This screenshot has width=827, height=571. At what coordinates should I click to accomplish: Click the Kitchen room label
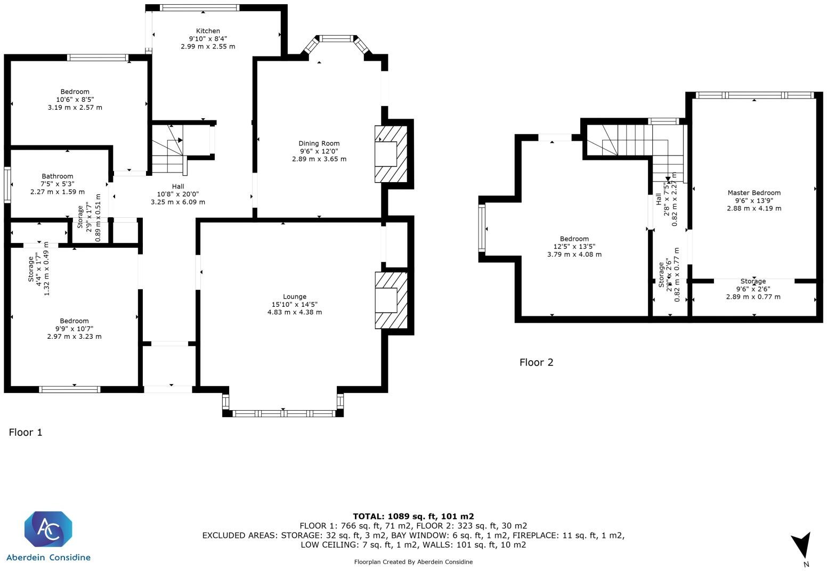tap(208, 31)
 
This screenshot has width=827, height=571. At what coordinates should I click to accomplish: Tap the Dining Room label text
tap(319, 143)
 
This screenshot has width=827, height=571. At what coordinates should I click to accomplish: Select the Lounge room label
tap(294, 297)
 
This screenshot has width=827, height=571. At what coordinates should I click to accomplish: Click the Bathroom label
tap(58, 176)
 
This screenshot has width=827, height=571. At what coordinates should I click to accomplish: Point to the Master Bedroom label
tap(754, 193)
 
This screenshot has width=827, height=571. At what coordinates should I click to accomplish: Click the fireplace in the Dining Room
tap(391, 154)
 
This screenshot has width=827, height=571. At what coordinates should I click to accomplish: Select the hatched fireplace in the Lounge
tap(391, 300)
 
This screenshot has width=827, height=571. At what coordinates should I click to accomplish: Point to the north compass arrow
tap(801, 546)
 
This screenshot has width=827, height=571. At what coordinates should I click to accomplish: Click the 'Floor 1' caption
tap(26, 433)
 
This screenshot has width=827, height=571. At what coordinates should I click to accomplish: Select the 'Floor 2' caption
tap(536, 363)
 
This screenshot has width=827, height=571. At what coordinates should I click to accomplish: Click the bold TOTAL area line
tap(413, 516)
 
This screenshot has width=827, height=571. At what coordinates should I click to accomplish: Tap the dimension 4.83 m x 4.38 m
tap(294, 312)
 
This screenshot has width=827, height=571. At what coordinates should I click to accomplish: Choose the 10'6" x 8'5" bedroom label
tap(75, 99)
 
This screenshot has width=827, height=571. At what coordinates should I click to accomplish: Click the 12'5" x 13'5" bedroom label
tap(574, 247)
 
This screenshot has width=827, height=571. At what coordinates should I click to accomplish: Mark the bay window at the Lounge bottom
tap(283, 413)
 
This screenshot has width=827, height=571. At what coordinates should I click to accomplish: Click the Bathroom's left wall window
tap(7, 185)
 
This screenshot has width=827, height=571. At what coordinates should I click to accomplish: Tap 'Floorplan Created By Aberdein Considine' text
tap(413, 562)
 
